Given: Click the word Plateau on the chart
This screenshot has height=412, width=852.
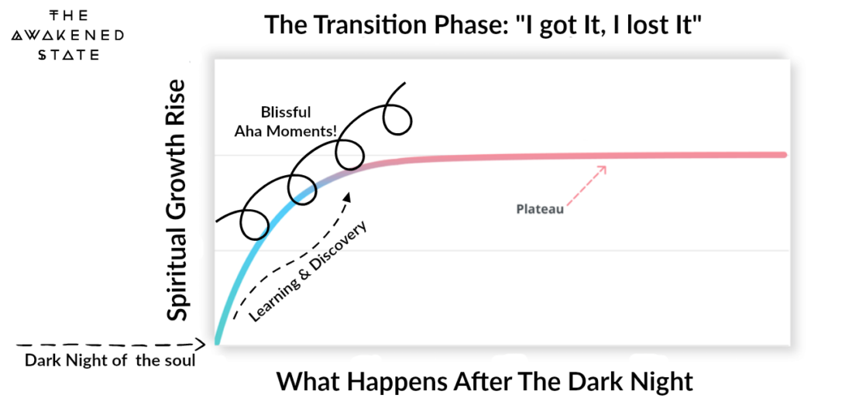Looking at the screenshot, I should tap(539, 208).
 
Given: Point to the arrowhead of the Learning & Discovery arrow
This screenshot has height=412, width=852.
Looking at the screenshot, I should tap(347, 196).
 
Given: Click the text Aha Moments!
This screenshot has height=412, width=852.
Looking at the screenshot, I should tap(286, 132).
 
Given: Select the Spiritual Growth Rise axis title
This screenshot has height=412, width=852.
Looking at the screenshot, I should tap(179, 199).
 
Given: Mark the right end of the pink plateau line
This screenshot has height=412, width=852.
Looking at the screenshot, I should tap(783, 155).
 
